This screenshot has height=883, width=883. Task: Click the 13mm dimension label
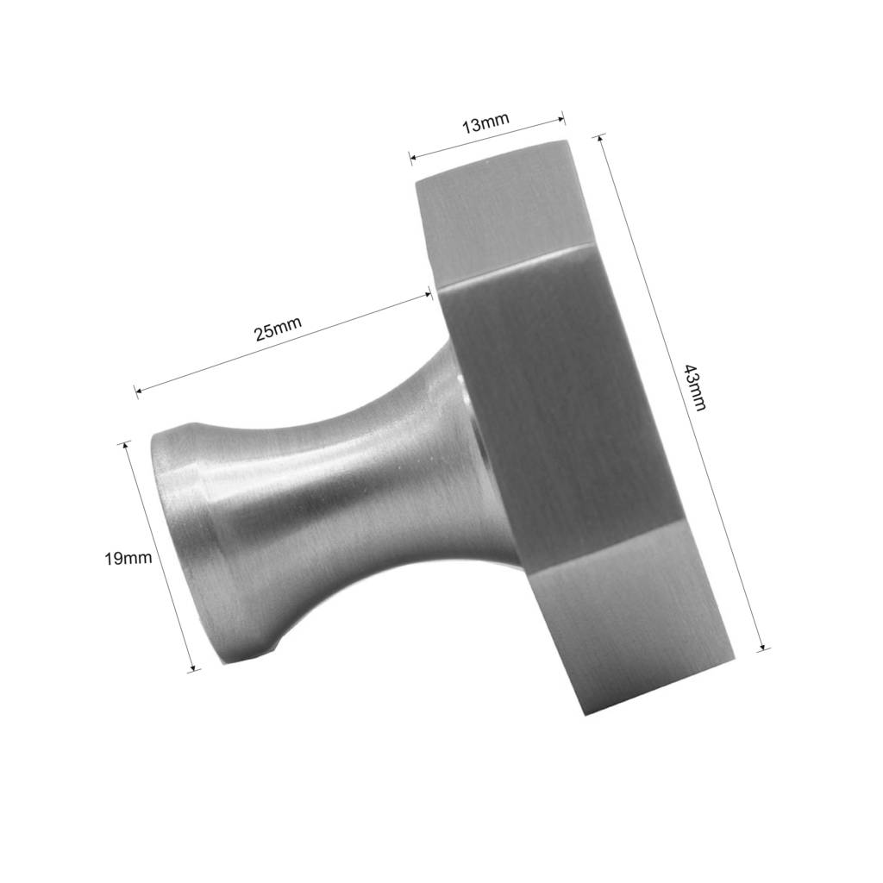tap(485, 124)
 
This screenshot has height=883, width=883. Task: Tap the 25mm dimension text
tap(278, 329)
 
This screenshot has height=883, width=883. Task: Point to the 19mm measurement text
tap(128, 558)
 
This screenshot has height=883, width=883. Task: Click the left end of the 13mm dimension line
tap(411, 158)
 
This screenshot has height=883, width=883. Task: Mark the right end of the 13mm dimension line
tap(563, 118)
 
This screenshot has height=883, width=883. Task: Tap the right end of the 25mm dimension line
tap(430, 295)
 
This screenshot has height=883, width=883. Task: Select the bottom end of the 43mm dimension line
tap(763, 648)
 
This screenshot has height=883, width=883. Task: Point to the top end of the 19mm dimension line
tap(126, 443)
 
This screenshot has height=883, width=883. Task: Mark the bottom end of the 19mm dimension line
tap(195, 668)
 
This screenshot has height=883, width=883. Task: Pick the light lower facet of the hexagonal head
tap(638, 629)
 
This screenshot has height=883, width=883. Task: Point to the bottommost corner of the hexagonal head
tap(585, 715)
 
